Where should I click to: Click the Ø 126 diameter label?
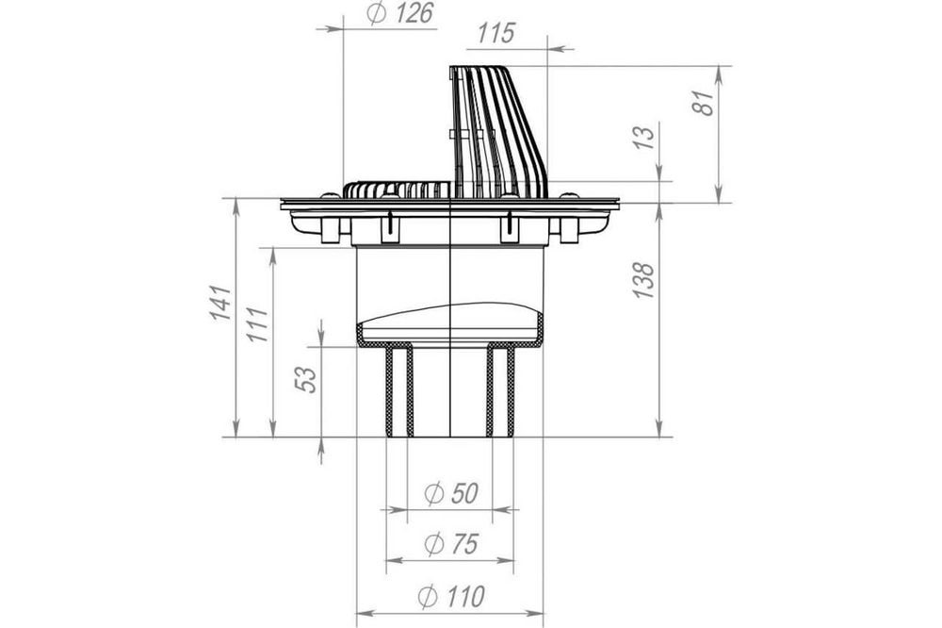(399, 14)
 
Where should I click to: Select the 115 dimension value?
(496, 34)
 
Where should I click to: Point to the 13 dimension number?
(644, 139)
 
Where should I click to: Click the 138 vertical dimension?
(642, 280)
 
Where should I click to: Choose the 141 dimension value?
(221, 303)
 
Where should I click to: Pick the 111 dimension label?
(257, 324)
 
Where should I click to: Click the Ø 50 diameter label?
(451, 494)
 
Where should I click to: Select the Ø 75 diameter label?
(451, 544)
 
